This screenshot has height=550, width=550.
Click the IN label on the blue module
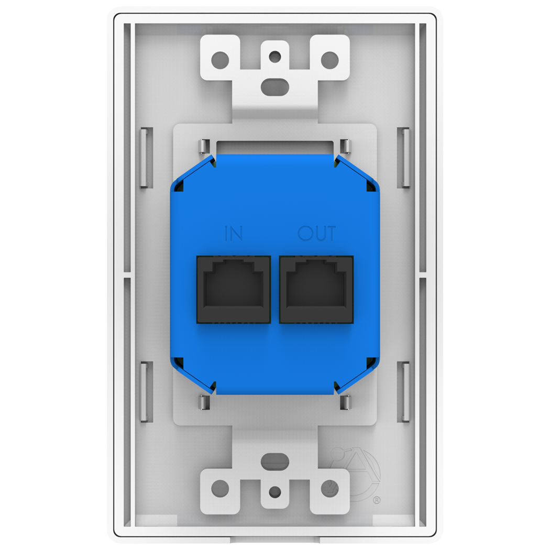click(234, 233)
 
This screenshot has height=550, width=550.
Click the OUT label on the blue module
click(317, 233)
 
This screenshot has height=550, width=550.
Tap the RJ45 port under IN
click(234, 289)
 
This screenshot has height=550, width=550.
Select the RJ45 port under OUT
click(316, 289)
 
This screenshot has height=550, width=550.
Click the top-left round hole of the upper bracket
click(220, 60)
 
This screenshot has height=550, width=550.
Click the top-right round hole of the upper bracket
click(329, 60)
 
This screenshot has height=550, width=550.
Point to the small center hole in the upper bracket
click(275, 56)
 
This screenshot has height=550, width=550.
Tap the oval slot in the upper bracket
click(275, 86)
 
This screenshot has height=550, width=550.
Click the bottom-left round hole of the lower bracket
click(220, 488)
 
